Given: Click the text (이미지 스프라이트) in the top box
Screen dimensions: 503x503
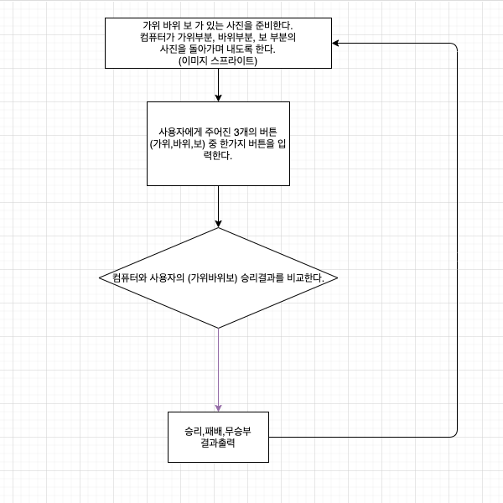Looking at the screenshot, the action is tap(218, 60).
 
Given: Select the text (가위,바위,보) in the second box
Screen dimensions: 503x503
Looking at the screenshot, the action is tap(178, 144).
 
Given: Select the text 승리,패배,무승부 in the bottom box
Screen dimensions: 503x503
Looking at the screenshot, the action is tap(218, 431).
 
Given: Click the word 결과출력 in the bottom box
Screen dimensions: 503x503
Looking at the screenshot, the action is tap(218, 444).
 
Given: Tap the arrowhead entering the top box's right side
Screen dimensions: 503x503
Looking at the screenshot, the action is tap(335, 43).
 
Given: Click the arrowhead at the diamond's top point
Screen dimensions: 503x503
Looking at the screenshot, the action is tap(218, 223).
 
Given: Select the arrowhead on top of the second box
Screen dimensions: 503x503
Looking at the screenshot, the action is tap(218, 97).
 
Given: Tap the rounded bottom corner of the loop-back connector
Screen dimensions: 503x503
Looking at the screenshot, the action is tap(455, 434).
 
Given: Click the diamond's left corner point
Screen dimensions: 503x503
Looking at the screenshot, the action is tap(99, 277).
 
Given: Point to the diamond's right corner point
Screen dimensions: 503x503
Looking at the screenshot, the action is tap(337, 277).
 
